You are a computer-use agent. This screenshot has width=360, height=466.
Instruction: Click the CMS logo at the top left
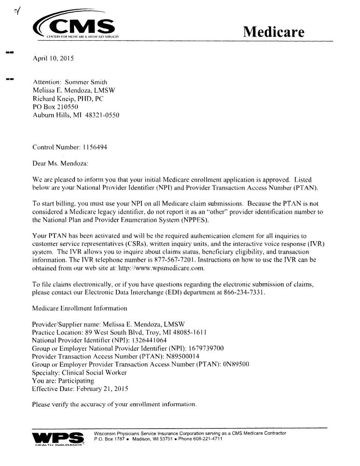(77, 28)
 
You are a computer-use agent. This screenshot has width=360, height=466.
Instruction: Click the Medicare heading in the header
(274, 32)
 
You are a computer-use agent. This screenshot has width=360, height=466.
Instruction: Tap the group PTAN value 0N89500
(236, 366)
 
